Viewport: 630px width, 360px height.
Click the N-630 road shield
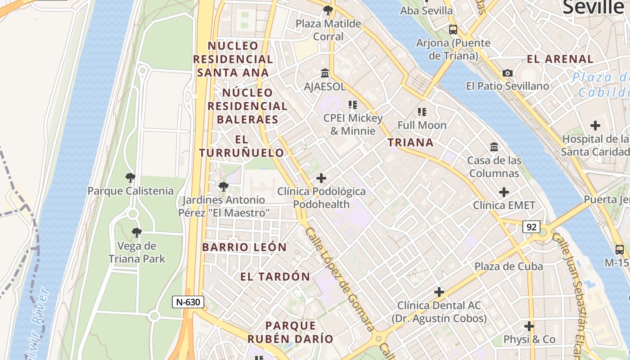tap(188, 302)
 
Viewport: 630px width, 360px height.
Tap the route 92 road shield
tap(531, 227)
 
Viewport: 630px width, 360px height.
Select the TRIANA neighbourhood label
tap(410, 143)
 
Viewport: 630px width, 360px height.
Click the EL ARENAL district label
tap(560, 59)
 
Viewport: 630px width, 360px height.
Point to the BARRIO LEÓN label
tap(244, 247)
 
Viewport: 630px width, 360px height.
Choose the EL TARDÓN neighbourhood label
tap(275, 277)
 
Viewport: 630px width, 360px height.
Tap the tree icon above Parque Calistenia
tap(130, 178)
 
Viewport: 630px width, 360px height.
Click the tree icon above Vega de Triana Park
tap(137, 233)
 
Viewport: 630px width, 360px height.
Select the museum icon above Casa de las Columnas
tap(494, 147)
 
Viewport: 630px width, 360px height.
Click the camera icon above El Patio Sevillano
tap(508, 73)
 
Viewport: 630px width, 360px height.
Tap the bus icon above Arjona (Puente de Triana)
tap(453, 30)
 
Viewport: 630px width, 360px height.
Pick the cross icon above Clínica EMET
tap(504, 193)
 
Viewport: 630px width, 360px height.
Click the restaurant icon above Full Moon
tap(422, 112)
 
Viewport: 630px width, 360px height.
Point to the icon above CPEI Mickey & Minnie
tap(353, 105)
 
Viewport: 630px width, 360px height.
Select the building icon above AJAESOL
tap(325, 73)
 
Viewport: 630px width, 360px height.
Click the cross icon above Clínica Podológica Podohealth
tap(321, 178)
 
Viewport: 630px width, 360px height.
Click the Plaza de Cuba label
tap(508, 266)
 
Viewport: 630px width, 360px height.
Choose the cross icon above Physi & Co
tap(529, 326)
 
